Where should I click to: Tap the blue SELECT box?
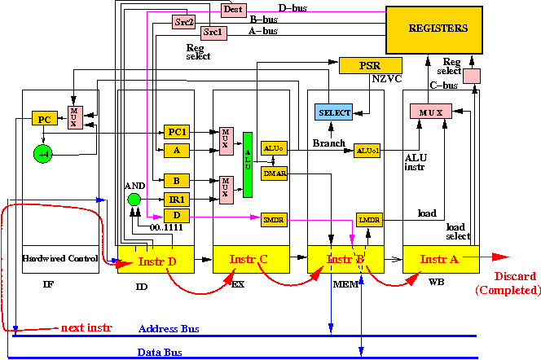coord(334,112)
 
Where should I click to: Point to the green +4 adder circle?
coord(43,152)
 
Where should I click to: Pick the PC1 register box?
coord(177,131)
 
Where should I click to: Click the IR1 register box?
coord(177,198)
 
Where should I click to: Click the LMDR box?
coord(369,218)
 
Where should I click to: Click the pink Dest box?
coord(232,10)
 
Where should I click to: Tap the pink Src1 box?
coord(213,33)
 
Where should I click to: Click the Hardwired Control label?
coord(62,258)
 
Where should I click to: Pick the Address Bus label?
coord(169,328)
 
